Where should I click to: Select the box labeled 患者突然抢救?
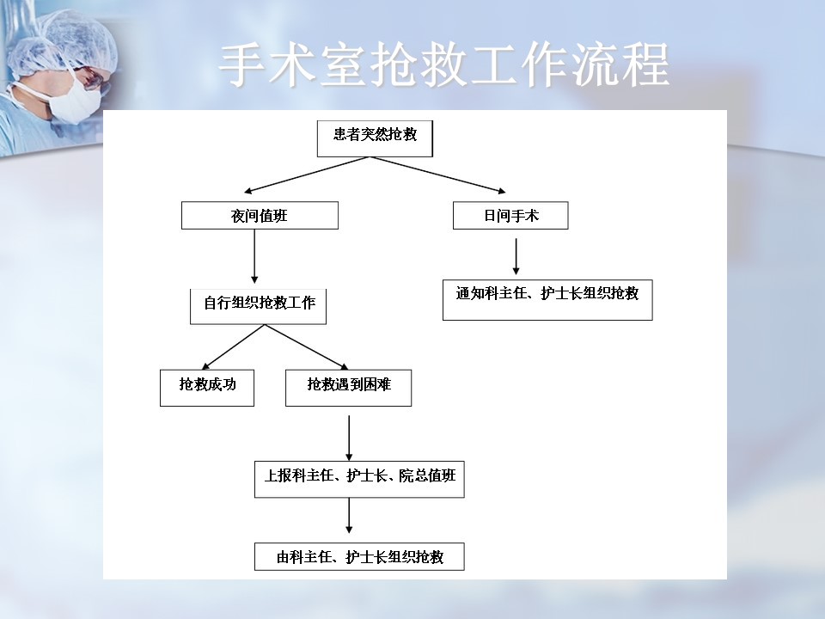375,138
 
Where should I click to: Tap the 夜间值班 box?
260,215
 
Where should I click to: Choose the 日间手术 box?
510,215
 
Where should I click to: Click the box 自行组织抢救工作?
258,306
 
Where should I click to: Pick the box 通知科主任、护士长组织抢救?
547,299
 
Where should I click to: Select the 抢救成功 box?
207,388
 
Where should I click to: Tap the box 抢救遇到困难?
348,388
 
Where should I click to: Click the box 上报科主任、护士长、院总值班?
359,479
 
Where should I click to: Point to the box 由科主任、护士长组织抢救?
359,556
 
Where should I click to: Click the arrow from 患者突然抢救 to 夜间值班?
309,175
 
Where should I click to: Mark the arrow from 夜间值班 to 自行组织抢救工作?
254,256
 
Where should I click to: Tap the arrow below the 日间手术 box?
516,256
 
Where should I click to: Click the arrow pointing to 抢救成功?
233,346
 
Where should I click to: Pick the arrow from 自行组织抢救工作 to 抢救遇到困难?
307,346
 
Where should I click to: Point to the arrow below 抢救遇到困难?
349,438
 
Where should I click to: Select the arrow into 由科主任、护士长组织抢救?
349,515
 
